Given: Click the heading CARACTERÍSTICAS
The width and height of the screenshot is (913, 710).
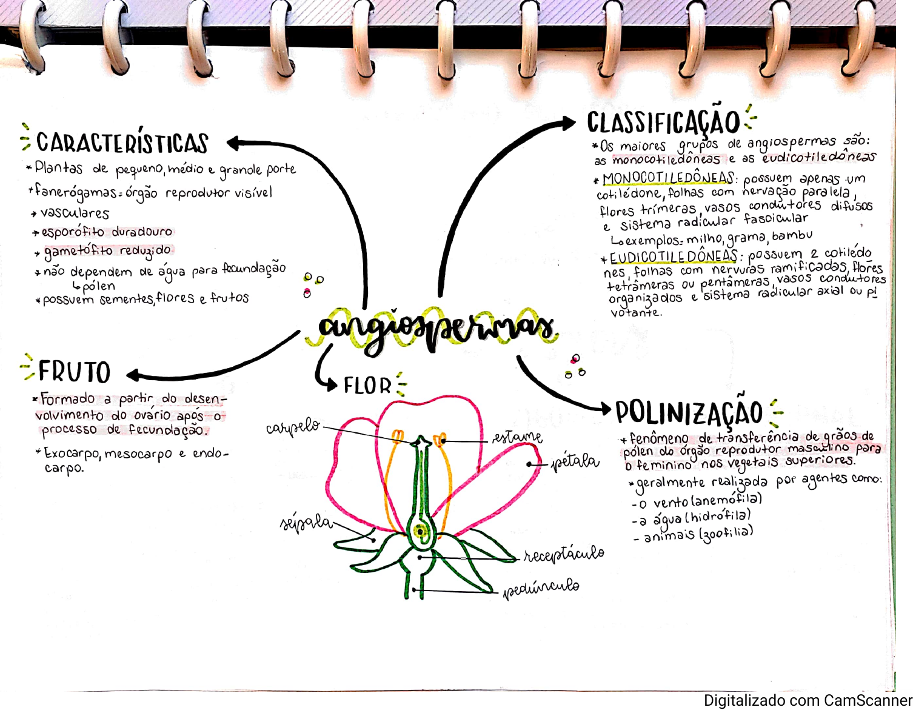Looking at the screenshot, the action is (x=122, y=143).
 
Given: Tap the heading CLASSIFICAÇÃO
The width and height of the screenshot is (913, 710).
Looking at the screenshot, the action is (x=663, y=122).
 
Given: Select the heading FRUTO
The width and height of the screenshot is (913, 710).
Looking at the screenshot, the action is (x=74, y=372).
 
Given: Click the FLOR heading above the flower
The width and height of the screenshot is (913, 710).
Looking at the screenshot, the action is (x=367, y=386).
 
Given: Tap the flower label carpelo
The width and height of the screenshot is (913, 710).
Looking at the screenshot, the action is (x=293, y=427).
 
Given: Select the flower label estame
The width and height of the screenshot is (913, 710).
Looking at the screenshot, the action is (x=517, y=437).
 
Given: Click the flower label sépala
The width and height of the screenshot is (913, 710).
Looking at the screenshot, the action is (x=306, y=523).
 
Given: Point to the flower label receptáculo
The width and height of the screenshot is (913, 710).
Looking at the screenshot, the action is (x=564, y=554).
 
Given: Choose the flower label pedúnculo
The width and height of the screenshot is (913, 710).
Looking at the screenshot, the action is (x=541, y=588).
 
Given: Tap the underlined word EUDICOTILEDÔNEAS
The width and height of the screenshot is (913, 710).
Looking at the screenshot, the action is (x=674, y=257).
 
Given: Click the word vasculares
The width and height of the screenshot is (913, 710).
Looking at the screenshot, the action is (x=75, y=213).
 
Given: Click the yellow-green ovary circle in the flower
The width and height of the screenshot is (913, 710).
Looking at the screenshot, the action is (x=420, y=532).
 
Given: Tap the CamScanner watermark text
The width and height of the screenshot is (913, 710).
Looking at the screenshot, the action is (x=808, y=701).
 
